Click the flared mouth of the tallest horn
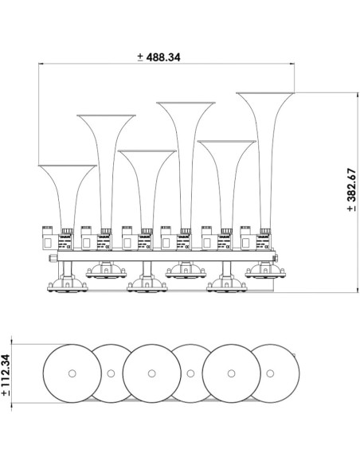[x=266, y=96]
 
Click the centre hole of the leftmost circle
[x=71, y=373]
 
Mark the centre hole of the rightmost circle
[x=270, y=373]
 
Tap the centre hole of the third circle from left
[x=151, y=373]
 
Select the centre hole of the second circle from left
[x=111, y=373]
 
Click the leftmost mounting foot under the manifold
[x=62, y=283]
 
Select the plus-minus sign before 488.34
[x=140, y=57]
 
